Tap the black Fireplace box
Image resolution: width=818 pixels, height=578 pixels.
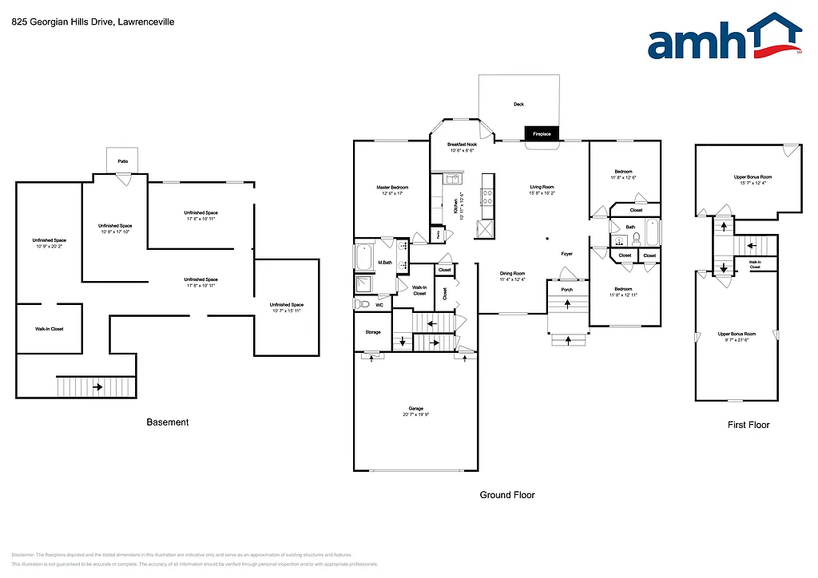tap(542, 133)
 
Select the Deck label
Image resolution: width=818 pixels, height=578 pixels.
tap(518, 105)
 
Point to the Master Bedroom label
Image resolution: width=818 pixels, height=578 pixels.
tap(392, 188)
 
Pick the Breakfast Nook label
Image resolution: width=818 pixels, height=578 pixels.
tap(462, 144)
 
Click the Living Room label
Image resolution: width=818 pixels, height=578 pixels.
tap(542, 188)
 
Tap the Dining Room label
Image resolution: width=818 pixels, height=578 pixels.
tap(512, 274)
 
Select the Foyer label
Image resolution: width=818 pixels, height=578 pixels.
tap(566, 254)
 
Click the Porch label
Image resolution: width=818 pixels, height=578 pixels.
tap(567, 290)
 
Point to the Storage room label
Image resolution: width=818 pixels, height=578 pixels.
tap(373, 332)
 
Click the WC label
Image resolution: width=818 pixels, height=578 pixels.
tap(379, 304)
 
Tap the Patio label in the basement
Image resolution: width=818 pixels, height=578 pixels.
tap(123, 161)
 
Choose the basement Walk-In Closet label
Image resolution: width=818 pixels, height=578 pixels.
tap(49, 329)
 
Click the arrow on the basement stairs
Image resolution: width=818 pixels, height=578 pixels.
tap(97, 387)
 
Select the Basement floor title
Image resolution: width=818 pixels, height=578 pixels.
tap(168, 422)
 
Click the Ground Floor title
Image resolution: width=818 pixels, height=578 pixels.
tap(507, 495)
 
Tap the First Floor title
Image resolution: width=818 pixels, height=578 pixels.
tap(749, 425)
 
